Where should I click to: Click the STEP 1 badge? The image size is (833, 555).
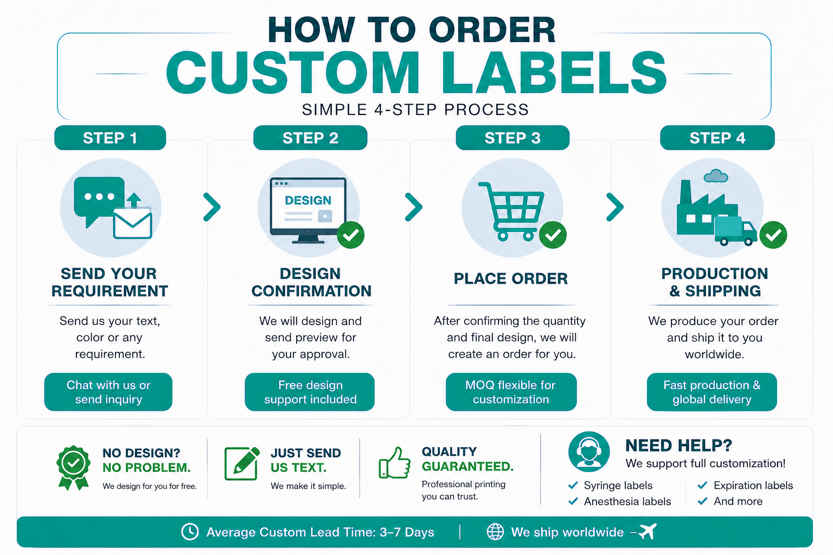[110, 138]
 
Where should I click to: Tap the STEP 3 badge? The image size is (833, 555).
[512, 138]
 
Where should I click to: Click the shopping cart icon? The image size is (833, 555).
[512, 211]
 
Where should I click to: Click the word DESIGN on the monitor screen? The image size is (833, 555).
[308, 201]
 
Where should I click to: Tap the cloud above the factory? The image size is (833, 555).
[716, 176]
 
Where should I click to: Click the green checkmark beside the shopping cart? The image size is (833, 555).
[553, 235]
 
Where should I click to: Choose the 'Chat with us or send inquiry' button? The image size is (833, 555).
[108, 392]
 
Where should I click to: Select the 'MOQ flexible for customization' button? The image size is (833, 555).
[511, 392]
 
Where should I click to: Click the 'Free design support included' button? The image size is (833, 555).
[310, 392]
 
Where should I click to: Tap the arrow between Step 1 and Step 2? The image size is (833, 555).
[212, 207]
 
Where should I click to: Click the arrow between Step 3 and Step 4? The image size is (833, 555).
[614, 207]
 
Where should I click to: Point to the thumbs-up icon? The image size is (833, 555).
[395, 463]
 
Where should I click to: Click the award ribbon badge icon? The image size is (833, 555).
[73, 468]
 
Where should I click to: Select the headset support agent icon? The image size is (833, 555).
[588, 451]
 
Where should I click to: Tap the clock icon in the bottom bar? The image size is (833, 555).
[190, 532]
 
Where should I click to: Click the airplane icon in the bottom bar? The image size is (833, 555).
[648, 531]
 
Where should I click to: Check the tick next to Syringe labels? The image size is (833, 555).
[573, 485]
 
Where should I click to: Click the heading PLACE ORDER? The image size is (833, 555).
[510, 279]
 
